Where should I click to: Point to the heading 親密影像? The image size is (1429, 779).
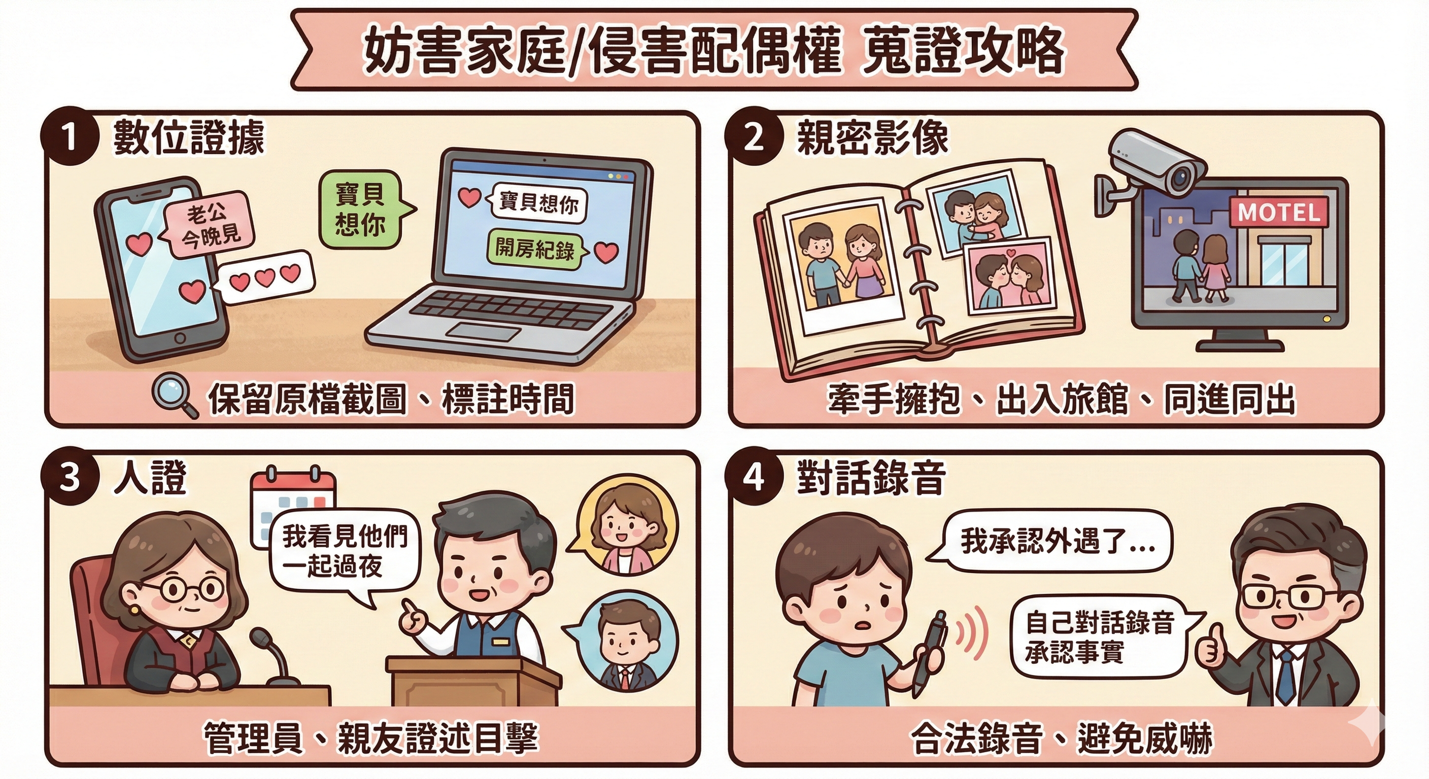(872, 137)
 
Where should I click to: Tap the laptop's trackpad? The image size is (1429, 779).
(484, 332)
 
